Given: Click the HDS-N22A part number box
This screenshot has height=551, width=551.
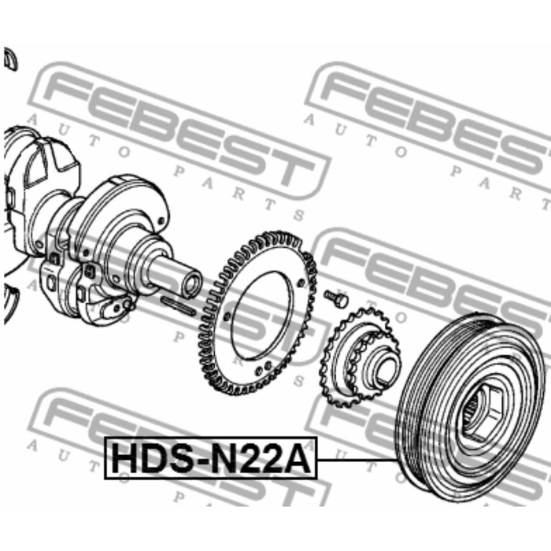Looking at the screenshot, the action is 211,458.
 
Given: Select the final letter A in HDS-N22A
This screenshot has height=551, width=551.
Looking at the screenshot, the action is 298,458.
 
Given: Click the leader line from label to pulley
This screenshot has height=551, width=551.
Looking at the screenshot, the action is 357,460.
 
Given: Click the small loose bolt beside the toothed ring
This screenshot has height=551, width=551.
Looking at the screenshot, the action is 335,298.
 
